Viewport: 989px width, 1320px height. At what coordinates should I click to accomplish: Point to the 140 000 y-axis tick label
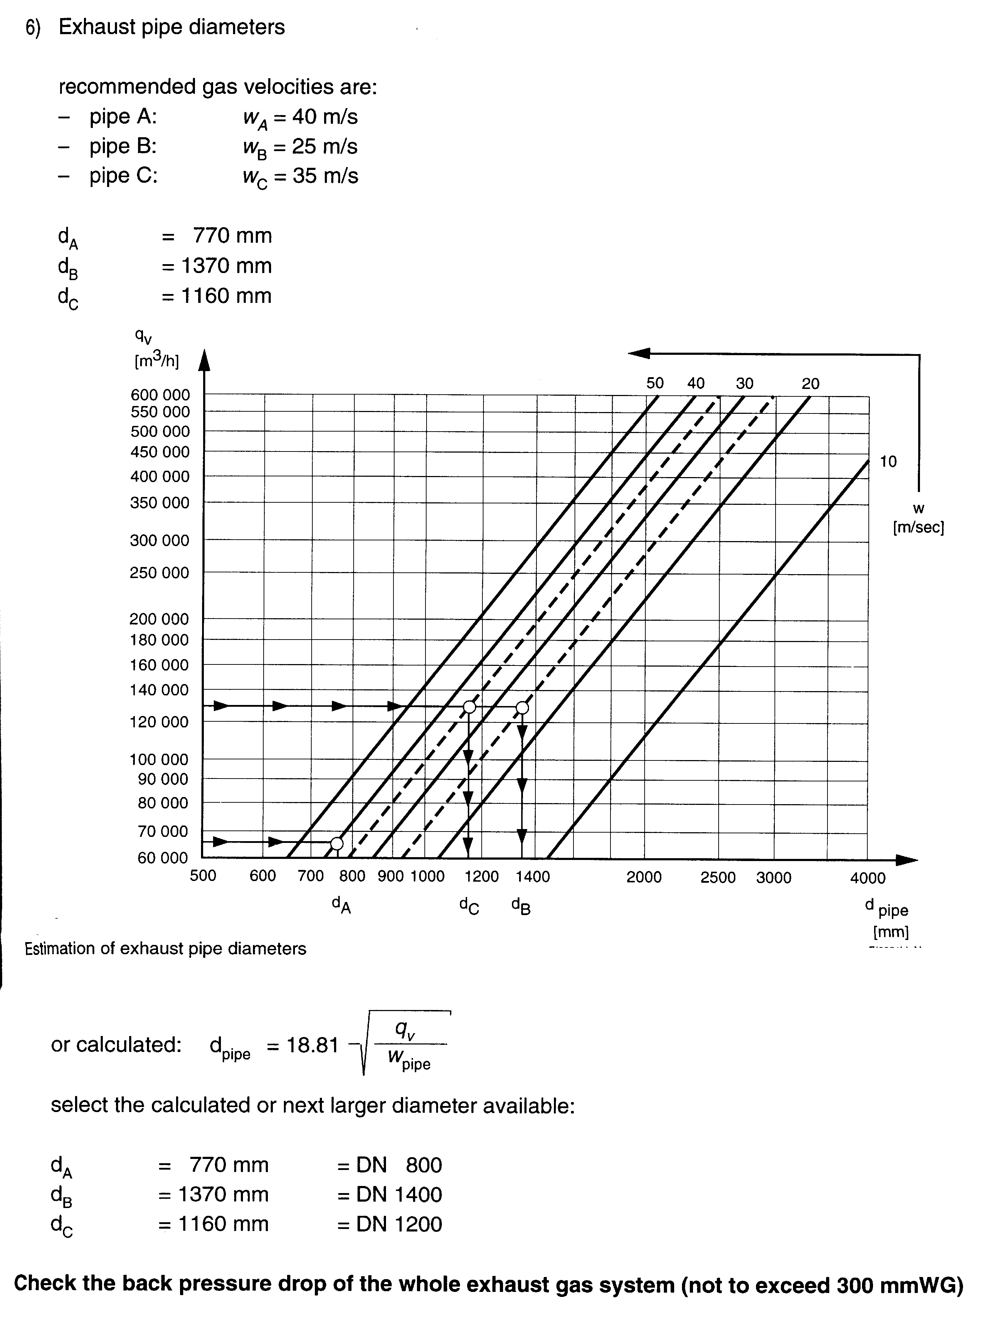[x=159, y=690]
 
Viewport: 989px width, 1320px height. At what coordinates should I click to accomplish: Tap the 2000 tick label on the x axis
[x=644, y=877]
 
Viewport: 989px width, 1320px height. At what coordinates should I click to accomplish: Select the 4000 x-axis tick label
[x=868, y=878]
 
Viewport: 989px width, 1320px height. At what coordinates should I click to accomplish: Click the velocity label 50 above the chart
[x=655, y=383]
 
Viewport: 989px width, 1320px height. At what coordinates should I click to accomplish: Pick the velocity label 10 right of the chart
[x=888, y=461]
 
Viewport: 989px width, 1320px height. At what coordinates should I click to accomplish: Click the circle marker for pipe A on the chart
[x=337, y=843]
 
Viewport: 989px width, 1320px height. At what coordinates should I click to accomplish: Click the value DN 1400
[x=398, y=1194]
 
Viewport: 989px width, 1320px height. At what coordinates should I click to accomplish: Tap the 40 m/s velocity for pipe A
[x=324, y=117]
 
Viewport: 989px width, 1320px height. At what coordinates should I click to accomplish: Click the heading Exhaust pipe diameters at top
[x=171, y=27]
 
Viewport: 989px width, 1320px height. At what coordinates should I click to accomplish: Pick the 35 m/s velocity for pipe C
[x=325, y=176]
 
